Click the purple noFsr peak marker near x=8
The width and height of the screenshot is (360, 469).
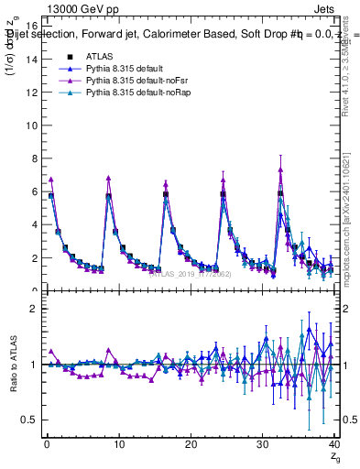tap(109, 178)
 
